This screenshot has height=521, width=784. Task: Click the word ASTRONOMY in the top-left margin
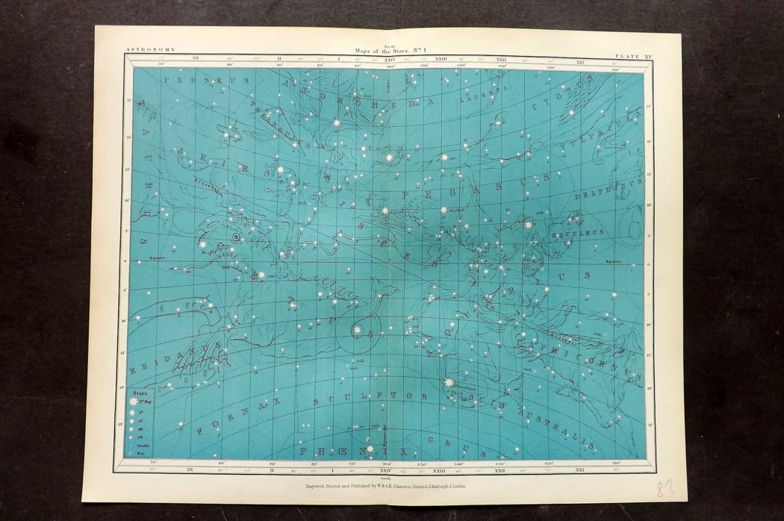152,49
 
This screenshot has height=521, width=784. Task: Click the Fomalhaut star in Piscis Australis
448,383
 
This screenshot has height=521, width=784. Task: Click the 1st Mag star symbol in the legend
135,401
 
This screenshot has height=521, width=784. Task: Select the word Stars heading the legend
140,391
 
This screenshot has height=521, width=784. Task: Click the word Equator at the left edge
155,259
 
